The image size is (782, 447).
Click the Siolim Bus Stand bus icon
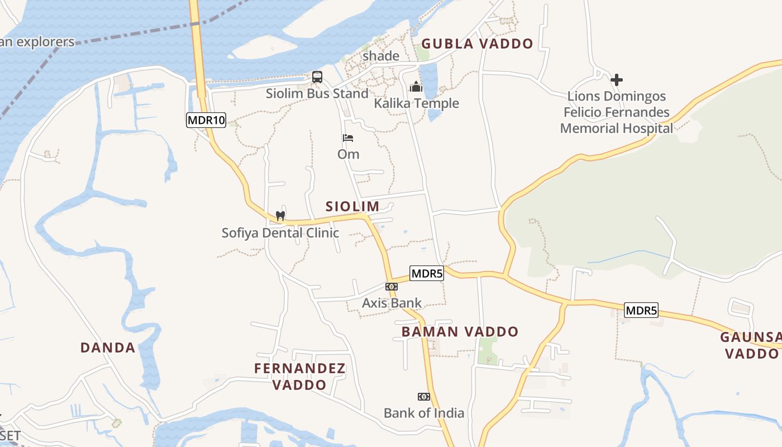[x=317, y=77]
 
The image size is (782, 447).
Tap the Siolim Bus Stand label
[x=317, y=93]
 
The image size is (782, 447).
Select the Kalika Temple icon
[x=416, y=87]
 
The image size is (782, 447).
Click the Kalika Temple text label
[x=416, y=103]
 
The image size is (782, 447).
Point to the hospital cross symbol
[x=617, y=80]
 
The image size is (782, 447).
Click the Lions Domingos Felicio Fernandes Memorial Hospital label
[x=616, y=112]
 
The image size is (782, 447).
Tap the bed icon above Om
[x=348, y=138]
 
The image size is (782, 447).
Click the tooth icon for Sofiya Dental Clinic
[x=280, y=216]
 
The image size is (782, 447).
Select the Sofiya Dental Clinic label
[x=280, y=232]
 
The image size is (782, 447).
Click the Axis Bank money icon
[x=392, y=287]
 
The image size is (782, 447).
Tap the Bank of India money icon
[x=424, y=397]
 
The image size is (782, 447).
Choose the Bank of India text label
[x=424, y=413]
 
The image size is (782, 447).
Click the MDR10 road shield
[x=206, y=120]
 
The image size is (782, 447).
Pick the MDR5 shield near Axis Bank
[x=426, y=274]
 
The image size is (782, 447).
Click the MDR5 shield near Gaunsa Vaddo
[x=641, y=311]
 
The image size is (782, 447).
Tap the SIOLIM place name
[x=352, y=206]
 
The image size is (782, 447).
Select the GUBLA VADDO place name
[x=477, y=44]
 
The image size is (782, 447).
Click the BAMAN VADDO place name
[x=460, y=332]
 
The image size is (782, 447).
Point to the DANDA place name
[x=108, y=348]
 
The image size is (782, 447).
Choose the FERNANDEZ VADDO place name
[x=300, y=377]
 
